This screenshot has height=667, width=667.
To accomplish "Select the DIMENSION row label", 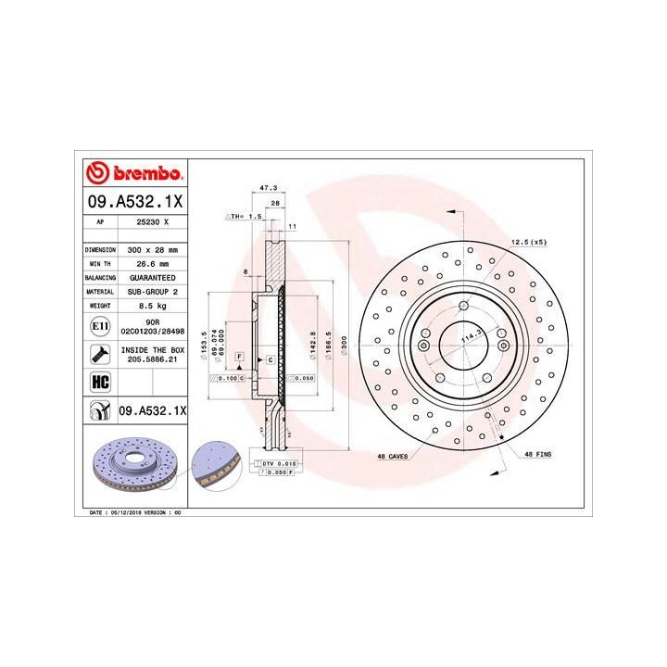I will click(99, 250).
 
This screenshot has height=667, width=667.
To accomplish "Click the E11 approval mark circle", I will click(100, 327).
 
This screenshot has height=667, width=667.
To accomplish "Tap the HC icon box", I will click(99, 381).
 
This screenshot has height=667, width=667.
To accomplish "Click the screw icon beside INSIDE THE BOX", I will click(99, 352).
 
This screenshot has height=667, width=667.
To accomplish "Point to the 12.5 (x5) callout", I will click(528, 243).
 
